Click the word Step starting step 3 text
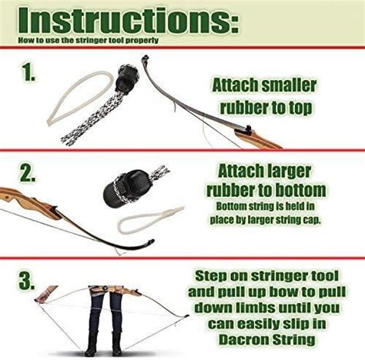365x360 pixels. pos(213,275)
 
